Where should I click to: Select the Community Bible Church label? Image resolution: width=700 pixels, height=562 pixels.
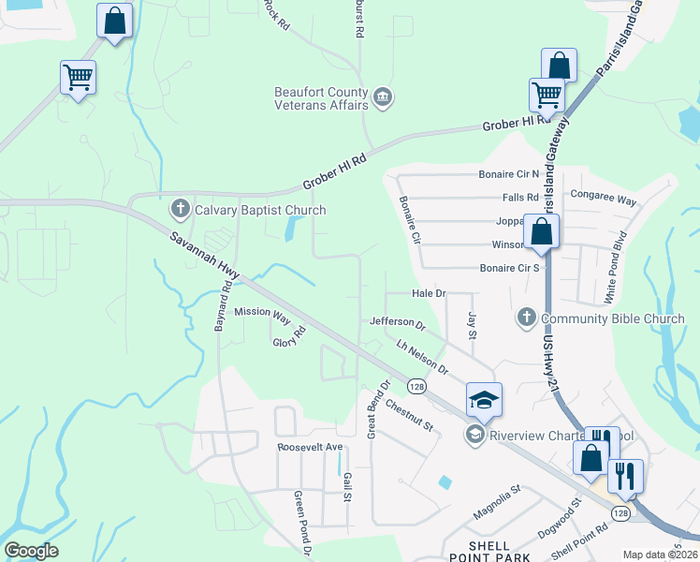tap(613, 318)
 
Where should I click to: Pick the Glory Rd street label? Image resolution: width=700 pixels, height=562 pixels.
tap(289, 337)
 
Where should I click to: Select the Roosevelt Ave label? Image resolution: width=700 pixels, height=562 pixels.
tap(311, 448)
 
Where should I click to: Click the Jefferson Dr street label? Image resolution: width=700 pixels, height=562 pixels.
tap(397, 323)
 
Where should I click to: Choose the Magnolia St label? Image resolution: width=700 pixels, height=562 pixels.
tap(496, 504)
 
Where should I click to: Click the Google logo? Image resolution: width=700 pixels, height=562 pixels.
tap(31, 551)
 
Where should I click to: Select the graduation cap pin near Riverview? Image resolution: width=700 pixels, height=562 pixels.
tap(484, 400)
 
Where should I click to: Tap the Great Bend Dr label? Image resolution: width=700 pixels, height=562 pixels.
tap(378, 408)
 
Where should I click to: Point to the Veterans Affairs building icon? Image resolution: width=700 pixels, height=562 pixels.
tap(382, 97)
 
